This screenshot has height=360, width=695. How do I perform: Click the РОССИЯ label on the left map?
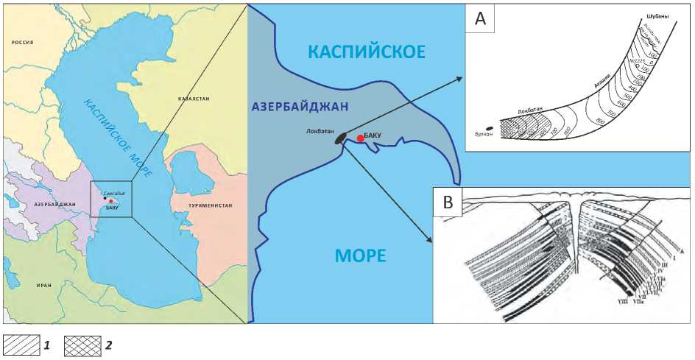[22, 43]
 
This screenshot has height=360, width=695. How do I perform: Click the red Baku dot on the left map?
[110, 201]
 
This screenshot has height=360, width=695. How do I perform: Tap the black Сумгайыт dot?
[105, 197]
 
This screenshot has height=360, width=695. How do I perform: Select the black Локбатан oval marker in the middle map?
[339, 138]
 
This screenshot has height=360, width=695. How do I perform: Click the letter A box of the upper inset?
[480, 19]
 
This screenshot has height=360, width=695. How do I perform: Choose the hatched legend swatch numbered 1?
[21, 344]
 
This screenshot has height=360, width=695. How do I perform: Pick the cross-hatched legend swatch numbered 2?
[81, 344]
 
